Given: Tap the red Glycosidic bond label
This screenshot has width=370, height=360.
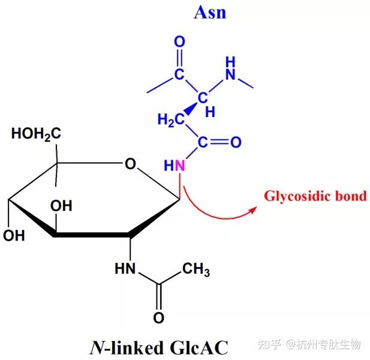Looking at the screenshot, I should pos(315,196).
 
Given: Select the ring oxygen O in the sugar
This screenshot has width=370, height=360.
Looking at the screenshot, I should pos(130,164).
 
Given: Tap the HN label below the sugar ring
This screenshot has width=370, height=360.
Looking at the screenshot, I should pos(126,268).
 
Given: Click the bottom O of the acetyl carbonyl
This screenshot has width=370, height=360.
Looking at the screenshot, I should pos(159,317).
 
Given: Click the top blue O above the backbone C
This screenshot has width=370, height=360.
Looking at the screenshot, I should pos(179,43).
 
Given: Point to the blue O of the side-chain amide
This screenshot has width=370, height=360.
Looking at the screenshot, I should pos(235,142).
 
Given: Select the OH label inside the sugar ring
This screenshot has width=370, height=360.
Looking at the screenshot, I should pos(62,206).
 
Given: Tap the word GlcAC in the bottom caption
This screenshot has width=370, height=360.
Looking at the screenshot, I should pos(199,346).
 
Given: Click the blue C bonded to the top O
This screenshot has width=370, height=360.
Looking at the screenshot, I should pos(179,74).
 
